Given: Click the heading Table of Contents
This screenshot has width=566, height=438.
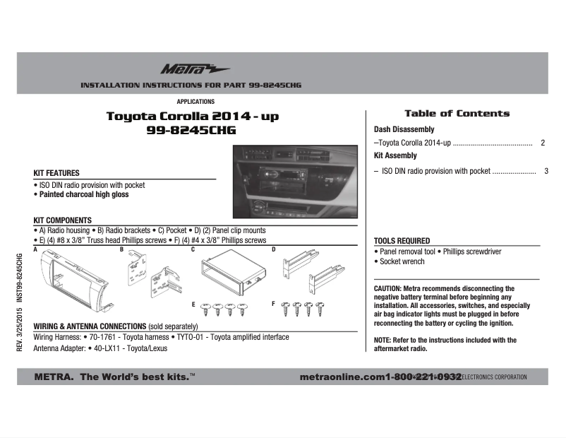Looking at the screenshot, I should coord(457,113).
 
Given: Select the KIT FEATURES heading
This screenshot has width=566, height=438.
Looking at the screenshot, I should coord(56,173).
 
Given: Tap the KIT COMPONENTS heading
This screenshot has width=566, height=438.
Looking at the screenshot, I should coord(63,220).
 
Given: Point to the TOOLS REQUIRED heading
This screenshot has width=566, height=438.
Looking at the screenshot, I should coord(402,241).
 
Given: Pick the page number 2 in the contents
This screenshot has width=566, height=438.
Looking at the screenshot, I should coord(542,143).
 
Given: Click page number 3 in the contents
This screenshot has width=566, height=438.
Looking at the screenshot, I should coord(546,171).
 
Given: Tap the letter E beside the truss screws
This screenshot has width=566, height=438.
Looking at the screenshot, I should coord(193,304).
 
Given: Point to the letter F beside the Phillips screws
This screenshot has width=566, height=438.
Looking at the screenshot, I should coord(274,303).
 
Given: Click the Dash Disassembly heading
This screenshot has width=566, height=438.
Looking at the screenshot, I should coord(404,129).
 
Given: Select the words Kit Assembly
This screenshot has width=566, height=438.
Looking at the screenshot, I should coord(395,155).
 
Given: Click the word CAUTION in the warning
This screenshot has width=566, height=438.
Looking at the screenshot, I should coord(387,289).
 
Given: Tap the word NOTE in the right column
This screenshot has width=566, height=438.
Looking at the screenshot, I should coord(383,341).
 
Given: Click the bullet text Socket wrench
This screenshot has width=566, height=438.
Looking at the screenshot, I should coord(402,261).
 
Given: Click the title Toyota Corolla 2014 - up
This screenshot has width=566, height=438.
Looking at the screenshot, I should coord(191,116).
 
